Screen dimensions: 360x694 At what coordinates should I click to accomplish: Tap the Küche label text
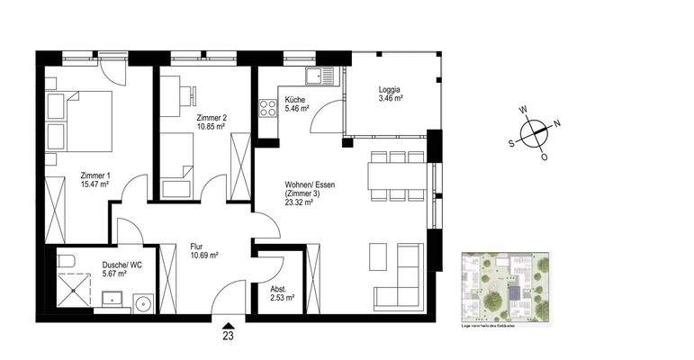[296, 100]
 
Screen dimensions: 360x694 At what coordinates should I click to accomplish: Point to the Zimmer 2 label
[211, 118]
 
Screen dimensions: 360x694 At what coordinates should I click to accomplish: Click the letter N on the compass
[557, 124]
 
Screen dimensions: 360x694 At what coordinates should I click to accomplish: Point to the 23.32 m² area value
[299, 204]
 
